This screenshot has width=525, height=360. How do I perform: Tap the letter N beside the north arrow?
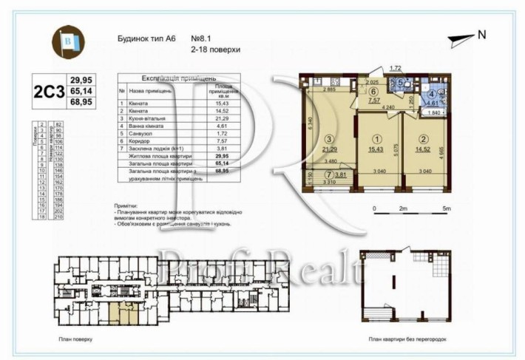481,34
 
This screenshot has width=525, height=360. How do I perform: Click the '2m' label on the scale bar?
403,209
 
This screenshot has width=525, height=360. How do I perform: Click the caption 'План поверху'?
75,342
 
